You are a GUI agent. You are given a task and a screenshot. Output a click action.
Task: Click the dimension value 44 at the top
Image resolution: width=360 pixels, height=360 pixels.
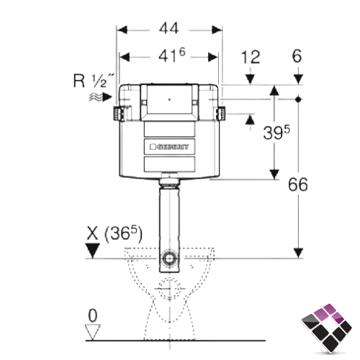169,29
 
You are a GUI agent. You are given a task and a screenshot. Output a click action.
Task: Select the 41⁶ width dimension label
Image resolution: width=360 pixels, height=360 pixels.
172,55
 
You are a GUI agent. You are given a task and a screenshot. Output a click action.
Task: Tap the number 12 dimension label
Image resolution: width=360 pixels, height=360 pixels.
251,57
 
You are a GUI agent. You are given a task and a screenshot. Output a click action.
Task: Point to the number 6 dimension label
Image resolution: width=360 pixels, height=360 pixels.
297,56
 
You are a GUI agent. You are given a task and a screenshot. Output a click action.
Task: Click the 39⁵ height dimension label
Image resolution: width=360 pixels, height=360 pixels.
276,132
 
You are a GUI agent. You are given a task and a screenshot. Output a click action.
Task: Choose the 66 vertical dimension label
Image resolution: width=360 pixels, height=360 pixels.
298,184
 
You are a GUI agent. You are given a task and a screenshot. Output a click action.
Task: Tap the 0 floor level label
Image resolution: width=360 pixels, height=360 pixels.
93,315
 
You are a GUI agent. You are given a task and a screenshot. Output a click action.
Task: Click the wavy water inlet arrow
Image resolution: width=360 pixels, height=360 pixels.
101,97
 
